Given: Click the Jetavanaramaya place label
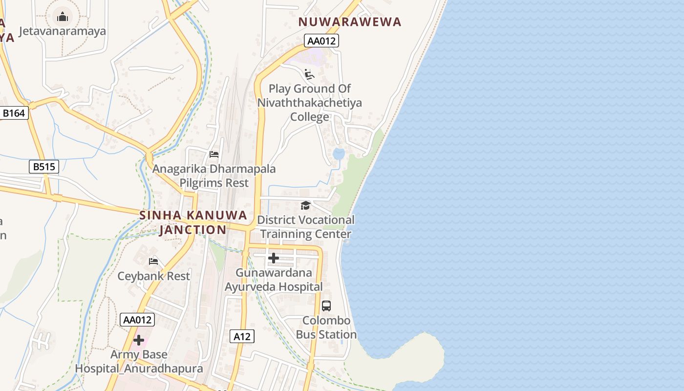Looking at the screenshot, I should [x=62, y=31].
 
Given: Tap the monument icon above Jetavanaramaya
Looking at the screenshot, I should [x=62, y=17].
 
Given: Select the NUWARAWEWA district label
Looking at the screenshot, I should [x=350, y=22].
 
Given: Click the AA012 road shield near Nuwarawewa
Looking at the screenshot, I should [x=321, y=41].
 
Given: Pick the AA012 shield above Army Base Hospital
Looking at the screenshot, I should [x=137, y=320].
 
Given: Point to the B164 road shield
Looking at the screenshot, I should [x=14, y=113].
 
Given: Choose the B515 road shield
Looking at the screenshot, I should [x=44, y=167].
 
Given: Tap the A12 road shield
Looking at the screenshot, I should [x=242, y=336].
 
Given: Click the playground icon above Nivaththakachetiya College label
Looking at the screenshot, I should [x=309, y=74].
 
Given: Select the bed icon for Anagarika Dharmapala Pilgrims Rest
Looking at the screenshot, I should [x=214, y=154].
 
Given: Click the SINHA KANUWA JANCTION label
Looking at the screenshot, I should [x=193, y=222].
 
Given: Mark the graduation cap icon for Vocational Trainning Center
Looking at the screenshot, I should [x=305, y=205].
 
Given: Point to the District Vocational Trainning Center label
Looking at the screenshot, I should [x=306, y=227].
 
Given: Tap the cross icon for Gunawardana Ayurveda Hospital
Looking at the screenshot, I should [x=274, y=258].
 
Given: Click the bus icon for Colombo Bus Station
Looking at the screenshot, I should [x=326, y=306].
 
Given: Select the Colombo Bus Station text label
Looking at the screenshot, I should [x=326, y=327].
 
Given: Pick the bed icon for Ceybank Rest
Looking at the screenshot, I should [x=153, y=261].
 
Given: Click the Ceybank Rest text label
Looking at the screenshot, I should [x=153, y=276].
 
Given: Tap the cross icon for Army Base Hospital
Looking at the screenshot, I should [x=139, y=340].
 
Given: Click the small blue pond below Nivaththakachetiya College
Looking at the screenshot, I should [x=338, y=154].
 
